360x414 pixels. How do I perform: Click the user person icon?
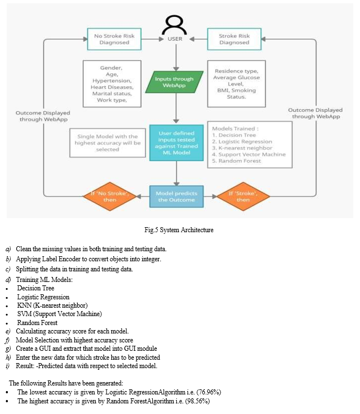click(175, 25)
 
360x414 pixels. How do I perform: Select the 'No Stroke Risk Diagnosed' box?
click(114, 39)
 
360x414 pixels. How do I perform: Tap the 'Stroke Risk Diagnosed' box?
click(234, 39)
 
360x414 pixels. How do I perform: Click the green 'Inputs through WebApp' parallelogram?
click(174, 82)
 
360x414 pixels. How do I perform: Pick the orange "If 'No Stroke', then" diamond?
click(110, 196)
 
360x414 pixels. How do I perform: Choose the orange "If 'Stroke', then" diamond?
click(243, 196)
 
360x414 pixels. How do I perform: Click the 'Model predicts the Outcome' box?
click(176, 196)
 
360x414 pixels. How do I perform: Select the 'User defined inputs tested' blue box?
click(176, 143)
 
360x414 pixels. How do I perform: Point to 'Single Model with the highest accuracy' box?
click(107, 143)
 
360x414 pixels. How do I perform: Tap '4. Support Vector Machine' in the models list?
click(249, 154)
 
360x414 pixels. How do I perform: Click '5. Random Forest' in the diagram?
click(236, 161)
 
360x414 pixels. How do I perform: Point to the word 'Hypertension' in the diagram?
click(111, 81)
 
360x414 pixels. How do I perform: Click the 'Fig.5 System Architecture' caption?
click(179, 230)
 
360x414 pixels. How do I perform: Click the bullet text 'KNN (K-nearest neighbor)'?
click(52, 305)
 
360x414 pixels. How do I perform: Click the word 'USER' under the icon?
click(175, 39)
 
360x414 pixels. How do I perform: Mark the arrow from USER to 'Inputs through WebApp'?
click(176, 58)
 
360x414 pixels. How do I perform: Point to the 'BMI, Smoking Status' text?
click(236, 93)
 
